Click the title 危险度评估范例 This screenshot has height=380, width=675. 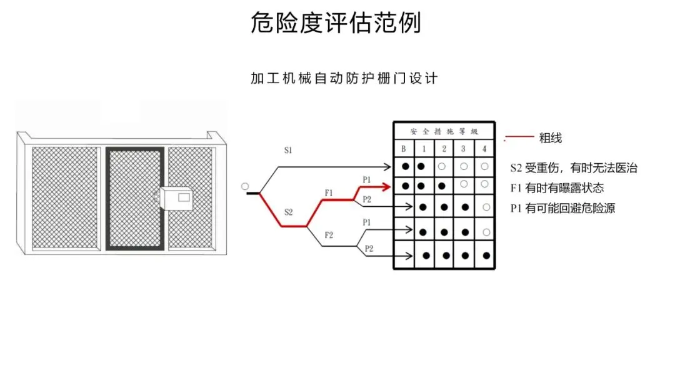336,24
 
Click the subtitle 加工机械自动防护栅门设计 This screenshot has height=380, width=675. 344,79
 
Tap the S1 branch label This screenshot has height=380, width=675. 289,151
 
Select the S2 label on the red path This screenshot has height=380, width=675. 288,212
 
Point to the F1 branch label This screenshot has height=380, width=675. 329,192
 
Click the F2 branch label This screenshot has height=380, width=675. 329,235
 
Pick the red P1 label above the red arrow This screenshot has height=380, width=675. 367,179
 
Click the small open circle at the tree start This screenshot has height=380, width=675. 244,186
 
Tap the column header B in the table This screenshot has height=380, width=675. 404,149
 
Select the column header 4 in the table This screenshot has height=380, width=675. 484,149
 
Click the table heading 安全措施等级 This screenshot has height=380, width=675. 444,132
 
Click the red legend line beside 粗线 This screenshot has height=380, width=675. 519,137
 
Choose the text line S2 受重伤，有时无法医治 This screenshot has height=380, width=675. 574,168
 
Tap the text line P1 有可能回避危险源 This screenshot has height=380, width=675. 562,208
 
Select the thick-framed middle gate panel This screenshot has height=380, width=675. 134,199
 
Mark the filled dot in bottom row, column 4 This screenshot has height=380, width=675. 486,256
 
